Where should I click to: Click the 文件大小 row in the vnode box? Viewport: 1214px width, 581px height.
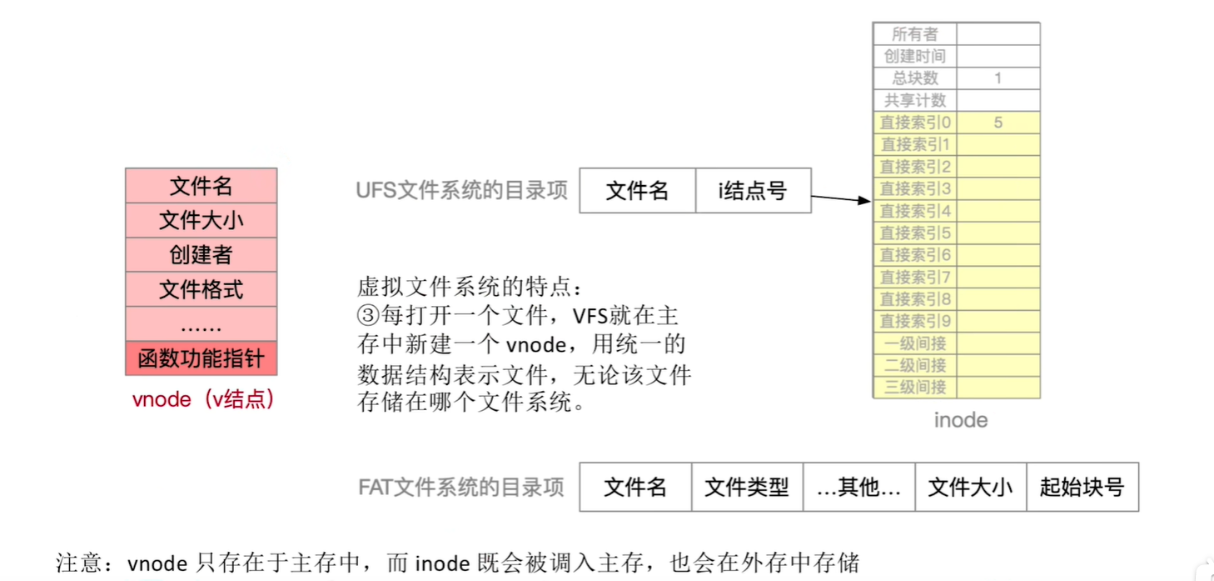point(201,220)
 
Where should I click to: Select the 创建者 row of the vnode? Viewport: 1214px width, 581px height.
point(201,255)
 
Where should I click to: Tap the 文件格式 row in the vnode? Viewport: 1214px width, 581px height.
point(201,289)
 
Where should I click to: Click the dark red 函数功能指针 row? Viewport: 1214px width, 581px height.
point(201,358)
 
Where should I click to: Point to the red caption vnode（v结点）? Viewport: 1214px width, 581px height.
point(203,399)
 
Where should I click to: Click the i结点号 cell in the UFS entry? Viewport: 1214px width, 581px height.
point(753,191)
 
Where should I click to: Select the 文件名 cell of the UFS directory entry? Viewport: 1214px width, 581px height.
point(637,191)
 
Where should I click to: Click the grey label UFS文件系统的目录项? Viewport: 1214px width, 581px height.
point(461,190)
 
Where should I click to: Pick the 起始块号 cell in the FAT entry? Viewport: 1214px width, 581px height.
point(1082,487)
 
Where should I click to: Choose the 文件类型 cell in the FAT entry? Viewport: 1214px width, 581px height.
point(746,487)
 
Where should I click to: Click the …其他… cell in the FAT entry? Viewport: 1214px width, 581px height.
point(858,487)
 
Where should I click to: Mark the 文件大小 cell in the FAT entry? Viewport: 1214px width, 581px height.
point(970,487)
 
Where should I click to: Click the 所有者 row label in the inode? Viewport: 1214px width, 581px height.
point(914,34)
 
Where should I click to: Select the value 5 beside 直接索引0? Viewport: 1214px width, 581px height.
point(998,123)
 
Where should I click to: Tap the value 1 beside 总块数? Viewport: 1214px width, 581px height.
point(998,78)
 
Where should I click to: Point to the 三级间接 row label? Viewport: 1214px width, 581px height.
point(914,387)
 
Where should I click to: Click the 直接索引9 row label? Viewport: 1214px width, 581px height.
point(914,321)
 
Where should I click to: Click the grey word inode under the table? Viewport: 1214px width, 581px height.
point(960,419)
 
